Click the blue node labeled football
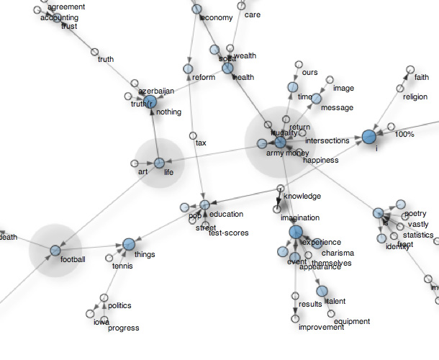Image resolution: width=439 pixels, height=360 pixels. (55, 250)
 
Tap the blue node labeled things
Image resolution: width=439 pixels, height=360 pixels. (129, 245)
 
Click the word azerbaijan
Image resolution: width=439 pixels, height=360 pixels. (157, 91)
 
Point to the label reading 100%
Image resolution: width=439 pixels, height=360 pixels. (404, 135)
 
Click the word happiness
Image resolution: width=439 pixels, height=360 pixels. (320, 161)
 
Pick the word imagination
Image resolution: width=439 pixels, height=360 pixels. (299, 217)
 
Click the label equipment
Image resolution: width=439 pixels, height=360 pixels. (352, 322)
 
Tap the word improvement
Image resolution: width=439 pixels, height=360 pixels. (320, 328)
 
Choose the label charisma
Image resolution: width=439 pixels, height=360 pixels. (338, 253)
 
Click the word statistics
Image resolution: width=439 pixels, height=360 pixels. (418, 235)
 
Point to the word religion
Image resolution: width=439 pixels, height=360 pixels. (415, 97)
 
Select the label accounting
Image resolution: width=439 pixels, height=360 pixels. (60, 17)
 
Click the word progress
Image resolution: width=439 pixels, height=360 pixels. (124, 328)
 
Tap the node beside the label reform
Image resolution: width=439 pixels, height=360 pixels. (188, 69)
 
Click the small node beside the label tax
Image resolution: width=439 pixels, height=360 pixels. (192, 135)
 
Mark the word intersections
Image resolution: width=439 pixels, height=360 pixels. (327, 140)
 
